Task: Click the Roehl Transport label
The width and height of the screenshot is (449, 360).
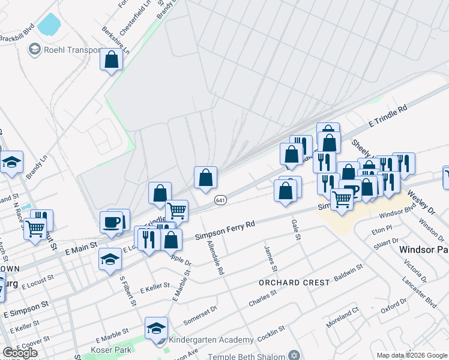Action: click(x=71, y=50)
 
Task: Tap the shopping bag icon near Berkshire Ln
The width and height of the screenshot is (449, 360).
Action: click(x=111, y=60)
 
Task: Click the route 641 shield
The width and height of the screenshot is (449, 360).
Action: click(x=221, y=200)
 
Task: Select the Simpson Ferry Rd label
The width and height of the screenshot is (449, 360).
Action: click(x=226, y=230)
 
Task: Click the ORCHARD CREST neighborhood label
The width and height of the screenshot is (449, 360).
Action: click(x=294, y=282)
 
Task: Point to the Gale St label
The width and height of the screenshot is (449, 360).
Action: click(x=296, y=229)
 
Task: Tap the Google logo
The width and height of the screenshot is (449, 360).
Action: click(x=20, y=353)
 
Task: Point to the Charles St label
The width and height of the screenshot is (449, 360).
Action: click(x=262, y=298)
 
